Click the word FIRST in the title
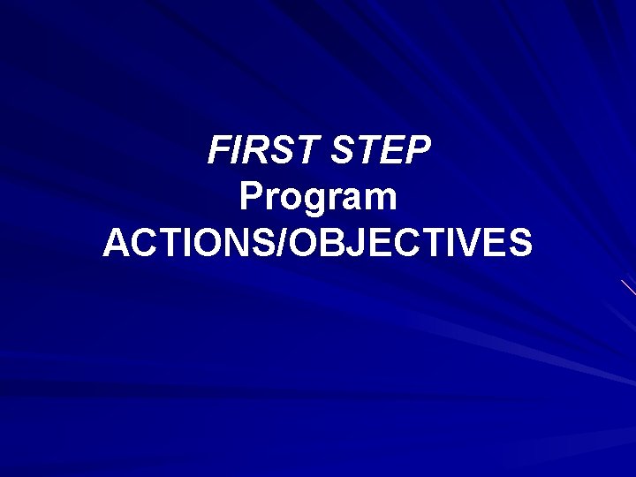265,151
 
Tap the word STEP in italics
381,151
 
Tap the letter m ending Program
382,200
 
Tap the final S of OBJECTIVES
520,243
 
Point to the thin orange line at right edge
628,286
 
